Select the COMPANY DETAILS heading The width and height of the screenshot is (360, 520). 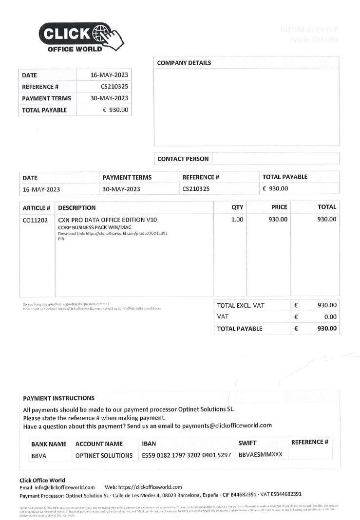tap(184, 63)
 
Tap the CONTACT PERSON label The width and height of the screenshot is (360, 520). tap(183, 159)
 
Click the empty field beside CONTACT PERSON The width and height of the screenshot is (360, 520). tap(275, 159)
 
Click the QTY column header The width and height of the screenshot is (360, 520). tap(237, 207)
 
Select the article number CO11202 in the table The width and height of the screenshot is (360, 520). tap(35, 220)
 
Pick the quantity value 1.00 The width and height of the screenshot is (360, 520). tap(237, 220)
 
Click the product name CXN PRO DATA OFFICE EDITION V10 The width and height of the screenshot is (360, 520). tap(107, 220)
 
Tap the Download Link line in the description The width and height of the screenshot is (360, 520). tap(113, 233)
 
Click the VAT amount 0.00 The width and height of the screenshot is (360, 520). tap(330, 317)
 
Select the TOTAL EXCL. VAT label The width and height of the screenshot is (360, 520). tap(241, 305)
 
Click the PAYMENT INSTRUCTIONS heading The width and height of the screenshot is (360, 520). tap(58, 398)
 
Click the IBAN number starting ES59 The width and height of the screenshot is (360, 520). tap(186, 455)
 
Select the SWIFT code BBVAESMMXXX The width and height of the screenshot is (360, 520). tap(260, 455)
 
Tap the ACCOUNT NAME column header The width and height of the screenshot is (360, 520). tap(99, 444)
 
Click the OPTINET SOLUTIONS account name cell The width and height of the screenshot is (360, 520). tap(104, 456)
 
